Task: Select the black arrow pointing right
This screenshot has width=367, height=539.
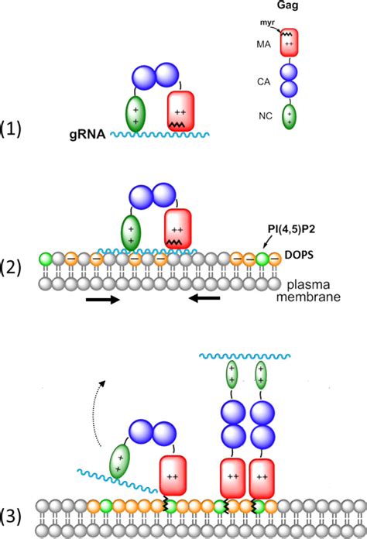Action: (102, 300)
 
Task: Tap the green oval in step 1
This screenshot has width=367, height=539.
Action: (135, 115)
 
